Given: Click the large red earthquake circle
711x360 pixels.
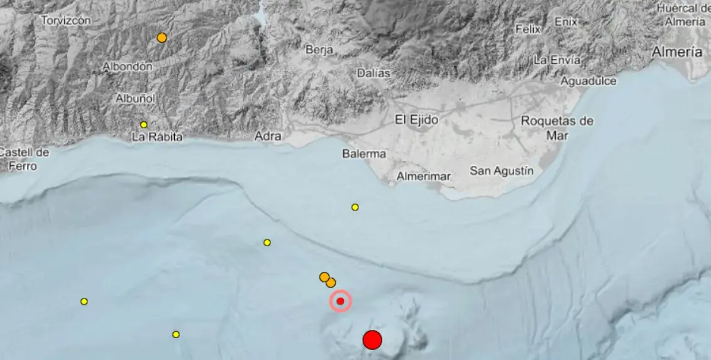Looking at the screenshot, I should (x=372, y=340).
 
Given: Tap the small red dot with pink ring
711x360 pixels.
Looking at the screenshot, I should (x=340, y=301).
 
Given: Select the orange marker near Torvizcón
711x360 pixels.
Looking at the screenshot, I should (x=162, y=38).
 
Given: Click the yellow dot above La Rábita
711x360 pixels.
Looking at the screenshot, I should (x=143, y=124).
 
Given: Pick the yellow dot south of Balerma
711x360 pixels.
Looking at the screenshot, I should (x=355, y=207).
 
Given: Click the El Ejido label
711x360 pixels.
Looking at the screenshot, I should (x=416, y=119).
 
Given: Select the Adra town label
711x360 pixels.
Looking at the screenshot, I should (x=268, y=135).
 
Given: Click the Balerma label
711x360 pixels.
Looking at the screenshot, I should (x=364, y=153).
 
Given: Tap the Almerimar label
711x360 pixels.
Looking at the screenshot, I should (x=423, y=177).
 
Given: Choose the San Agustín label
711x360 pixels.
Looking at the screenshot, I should (x=502, y=170).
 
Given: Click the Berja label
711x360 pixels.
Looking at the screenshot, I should (x=319, y=50).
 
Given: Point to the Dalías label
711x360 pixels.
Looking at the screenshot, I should (x=373, y=73).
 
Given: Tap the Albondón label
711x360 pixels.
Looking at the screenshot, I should (x=128, y=66).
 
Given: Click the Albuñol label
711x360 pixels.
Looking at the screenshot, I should (x=135, y=98).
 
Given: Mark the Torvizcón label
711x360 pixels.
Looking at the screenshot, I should (x=66, y=20).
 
